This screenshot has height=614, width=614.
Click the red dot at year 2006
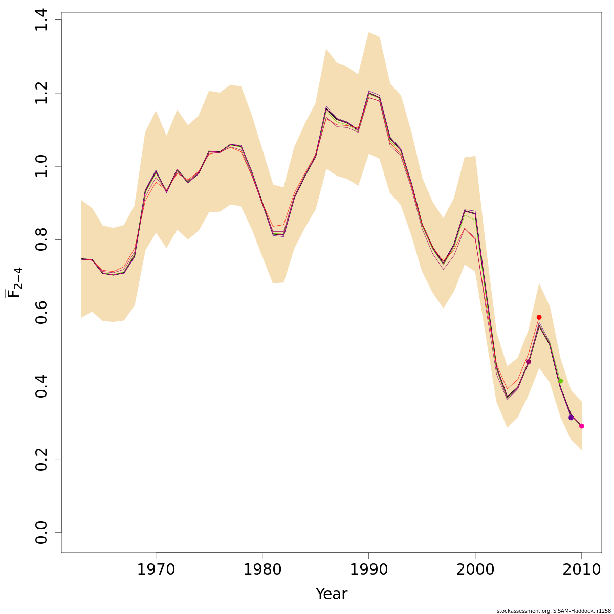click(x=539, y=317)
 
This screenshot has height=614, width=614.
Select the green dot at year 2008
click(x=560, y=381)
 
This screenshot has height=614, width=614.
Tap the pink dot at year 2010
click(x=582, y=426)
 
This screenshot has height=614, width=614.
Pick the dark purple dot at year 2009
click(x=571, y=418)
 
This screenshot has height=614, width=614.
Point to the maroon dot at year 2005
click(x=528, y=362)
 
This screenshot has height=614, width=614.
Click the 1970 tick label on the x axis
click(x=156, y=569)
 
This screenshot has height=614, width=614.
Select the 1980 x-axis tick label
click(x=262, y=569)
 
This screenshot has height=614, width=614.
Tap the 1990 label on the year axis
click(x=368, y=569)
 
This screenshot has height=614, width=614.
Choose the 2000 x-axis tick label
click(x=475, y=569)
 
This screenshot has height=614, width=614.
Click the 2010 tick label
click(x=582, y=569)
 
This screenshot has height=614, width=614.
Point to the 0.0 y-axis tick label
click(x=42, y=532)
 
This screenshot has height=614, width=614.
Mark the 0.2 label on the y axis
click(x=42, y=459)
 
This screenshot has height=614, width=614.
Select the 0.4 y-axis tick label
click(x=42, y=386)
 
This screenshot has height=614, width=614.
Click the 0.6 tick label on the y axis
click(x=42, y=313)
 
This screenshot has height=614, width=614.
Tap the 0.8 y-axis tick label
click(x=42, y=239)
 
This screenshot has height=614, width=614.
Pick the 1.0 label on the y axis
click(x=42, y=166)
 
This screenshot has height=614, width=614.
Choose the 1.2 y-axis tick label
click(x=42, y=93)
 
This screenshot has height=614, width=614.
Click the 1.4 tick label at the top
click(x=42, y=20)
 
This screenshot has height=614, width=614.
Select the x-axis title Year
click(x=331, y=594)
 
